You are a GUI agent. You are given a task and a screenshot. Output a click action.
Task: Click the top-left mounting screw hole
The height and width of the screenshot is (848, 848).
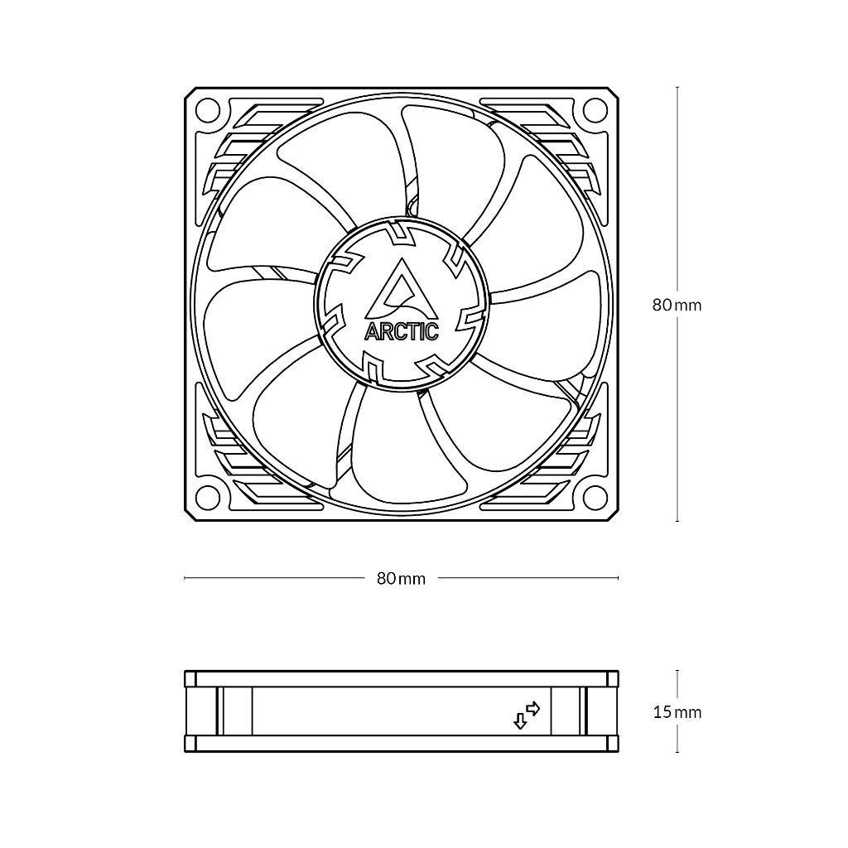coord(208,111)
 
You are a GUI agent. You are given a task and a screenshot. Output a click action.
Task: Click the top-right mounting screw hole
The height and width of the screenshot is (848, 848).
coord(595,111)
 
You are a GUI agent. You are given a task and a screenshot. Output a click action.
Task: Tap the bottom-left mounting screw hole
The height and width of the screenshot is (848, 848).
coord(208,497)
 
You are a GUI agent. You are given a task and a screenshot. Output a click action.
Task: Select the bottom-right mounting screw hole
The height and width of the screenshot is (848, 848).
coord(595,497)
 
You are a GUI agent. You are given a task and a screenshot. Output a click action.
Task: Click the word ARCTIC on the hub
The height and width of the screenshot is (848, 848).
coord(402,331)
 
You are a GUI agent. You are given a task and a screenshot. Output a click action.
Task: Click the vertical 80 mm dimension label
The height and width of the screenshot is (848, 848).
coord(677,305)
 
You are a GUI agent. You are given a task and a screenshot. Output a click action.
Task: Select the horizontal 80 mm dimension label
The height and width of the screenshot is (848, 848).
coord(402,579)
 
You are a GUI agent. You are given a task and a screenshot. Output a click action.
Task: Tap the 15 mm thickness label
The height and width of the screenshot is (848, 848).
coord(677,712)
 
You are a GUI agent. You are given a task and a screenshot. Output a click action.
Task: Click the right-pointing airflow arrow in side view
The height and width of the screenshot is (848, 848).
coord(533,708)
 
